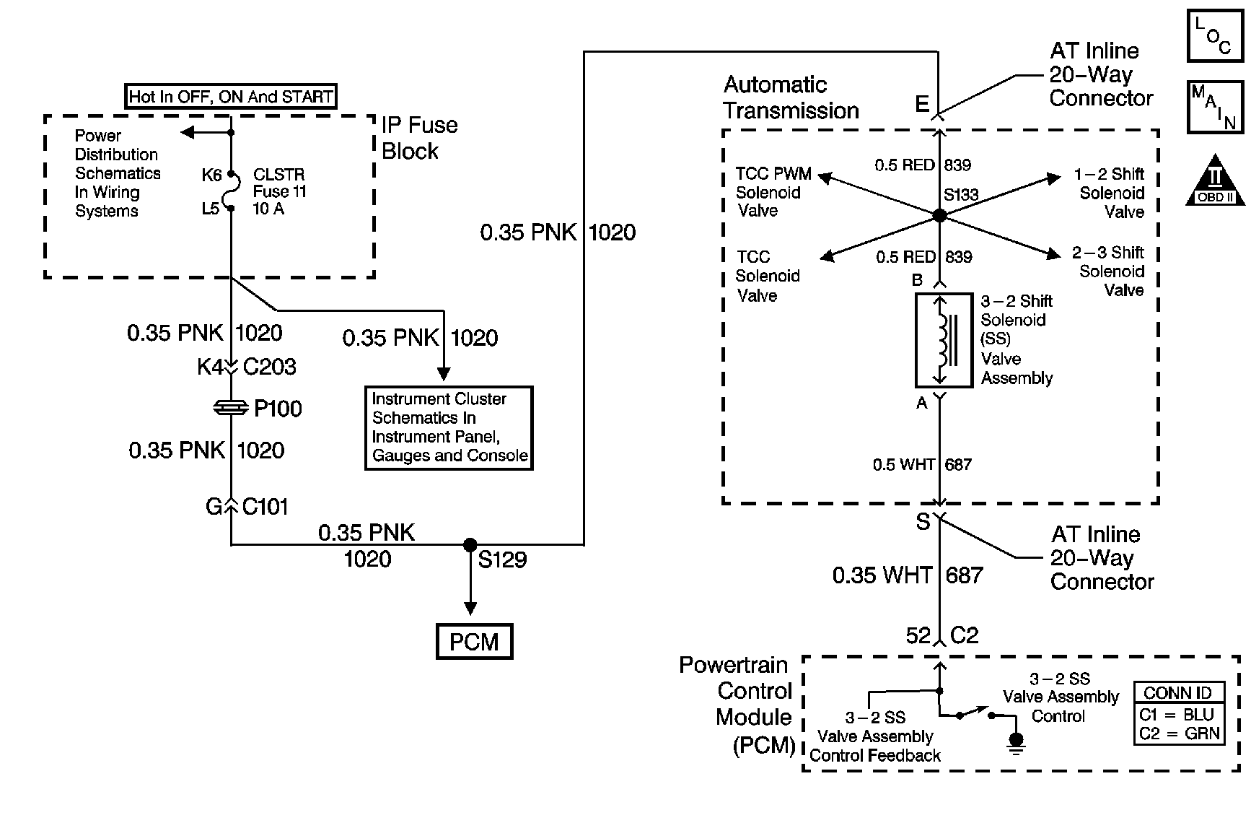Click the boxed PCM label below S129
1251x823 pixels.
(x=474, y=642)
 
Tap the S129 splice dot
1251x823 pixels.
(x=470, y=545)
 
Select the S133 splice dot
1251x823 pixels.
(x=939, y=215)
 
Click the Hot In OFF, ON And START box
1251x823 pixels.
(x=231, y=97)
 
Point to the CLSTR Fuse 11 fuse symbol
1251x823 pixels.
(x=231, y=191)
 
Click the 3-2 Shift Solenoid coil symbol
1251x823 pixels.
(x=943, y=339)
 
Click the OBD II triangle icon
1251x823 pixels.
(x=1216, y=181)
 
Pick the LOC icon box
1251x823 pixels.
(x=1215, y=35)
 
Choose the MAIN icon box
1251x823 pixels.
(x=1215, y=108)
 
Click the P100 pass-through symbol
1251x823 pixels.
(x=231, y=409)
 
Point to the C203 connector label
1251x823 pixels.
(x=269, y=367)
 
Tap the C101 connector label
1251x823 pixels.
(x=265, y=507)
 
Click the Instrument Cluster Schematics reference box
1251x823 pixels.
(x=449, y=427)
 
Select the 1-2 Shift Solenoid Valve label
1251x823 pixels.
(x=1108, y=193)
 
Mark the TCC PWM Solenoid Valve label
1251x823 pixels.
(x=772, y=192)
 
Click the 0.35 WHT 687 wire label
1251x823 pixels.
(x=907, y=575)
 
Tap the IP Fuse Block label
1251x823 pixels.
(x=418, y=138)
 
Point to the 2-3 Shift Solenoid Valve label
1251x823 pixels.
(x=1107, y=271)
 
